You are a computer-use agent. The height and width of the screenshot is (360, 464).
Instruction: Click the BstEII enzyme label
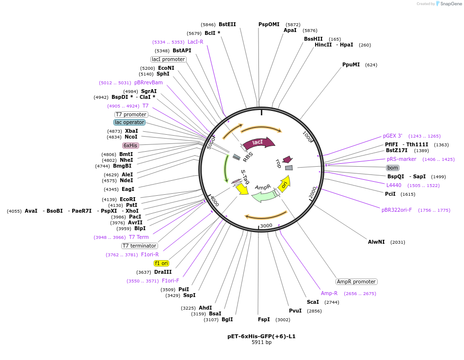pos(227,24)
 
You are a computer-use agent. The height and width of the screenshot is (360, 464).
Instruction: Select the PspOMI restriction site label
pos(269,24)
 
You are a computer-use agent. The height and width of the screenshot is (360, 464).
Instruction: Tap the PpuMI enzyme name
pos(351,64)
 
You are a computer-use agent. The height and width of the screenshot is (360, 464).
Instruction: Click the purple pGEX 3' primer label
pos(393,136)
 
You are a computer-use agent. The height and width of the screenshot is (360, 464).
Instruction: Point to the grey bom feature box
pos(393,168)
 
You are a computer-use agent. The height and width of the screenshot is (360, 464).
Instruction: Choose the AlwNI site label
pos(376,242)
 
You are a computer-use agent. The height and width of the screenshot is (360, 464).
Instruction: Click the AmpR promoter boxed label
pos(356,282)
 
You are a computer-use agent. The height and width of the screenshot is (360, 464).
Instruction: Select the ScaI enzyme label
pos(313,302)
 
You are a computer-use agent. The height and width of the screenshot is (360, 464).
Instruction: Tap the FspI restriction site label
pos(264,319)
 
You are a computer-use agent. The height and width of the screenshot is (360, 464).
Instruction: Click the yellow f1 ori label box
pos(161,263)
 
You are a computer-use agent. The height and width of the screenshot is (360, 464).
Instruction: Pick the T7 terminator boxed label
pos(140,246)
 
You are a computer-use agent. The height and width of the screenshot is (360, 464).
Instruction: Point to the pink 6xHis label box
pos(130,145)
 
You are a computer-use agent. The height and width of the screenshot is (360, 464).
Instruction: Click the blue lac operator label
pos(129,123)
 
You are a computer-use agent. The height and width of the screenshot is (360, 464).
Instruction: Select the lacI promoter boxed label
pos(168,59)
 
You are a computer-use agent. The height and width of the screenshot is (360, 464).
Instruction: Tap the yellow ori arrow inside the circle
pos(285,184)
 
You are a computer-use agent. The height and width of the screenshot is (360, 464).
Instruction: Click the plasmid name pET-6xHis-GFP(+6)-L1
pos(261,336)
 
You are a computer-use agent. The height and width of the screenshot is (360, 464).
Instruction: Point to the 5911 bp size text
pos(261,343)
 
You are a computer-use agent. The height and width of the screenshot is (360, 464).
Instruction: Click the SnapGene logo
pos(448,4)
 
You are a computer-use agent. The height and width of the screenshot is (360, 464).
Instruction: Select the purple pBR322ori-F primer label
pos(397,210)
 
